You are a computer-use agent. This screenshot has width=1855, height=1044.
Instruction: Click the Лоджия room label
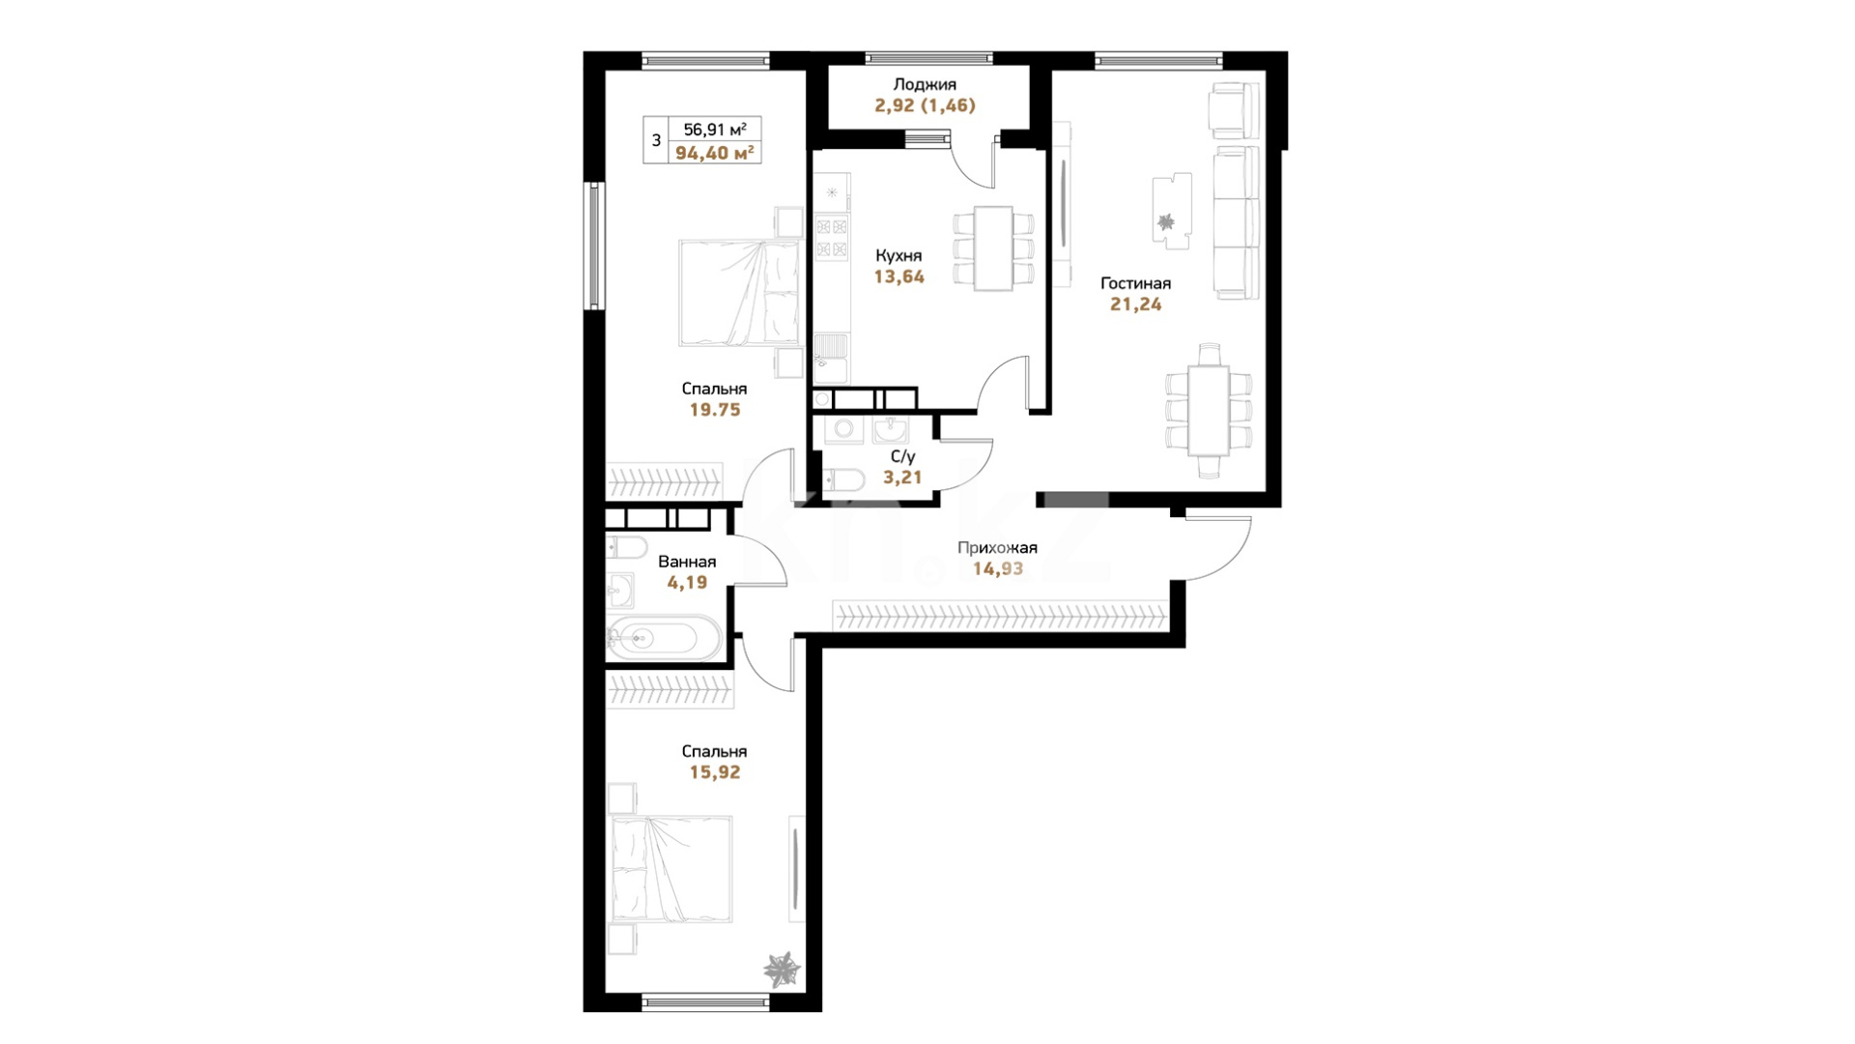925,85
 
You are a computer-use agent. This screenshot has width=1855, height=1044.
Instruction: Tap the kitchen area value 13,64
899,276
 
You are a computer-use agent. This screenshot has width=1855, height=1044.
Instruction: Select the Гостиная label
1136,283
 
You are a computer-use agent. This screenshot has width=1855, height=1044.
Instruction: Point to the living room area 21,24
1136,304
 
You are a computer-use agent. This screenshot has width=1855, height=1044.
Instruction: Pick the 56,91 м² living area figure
715,130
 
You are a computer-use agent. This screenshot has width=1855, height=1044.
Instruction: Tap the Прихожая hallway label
997,548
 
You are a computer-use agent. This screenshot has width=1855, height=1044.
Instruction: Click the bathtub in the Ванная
663,639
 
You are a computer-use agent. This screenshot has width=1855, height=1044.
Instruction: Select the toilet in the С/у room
844,479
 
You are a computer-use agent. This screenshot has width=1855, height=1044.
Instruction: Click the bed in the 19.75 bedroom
739,293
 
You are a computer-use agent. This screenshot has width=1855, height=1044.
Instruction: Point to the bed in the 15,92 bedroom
671,870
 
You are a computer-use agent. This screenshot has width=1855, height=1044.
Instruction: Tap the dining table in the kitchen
993,248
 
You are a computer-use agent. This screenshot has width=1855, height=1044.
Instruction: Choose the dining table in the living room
1209,410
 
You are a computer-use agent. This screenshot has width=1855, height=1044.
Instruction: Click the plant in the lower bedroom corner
782,969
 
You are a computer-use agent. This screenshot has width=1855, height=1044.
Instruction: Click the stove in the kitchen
832,238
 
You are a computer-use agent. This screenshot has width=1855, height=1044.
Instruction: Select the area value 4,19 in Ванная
687,583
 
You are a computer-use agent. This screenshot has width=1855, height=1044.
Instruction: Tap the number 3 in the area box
656,141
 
